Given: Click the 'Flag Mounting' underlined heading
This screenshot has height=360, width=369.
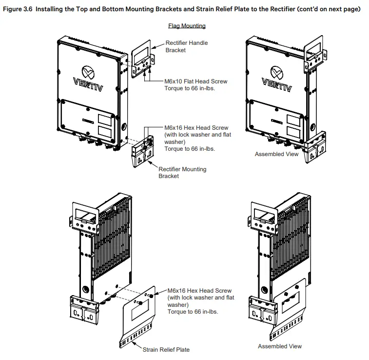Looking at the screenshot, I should (x=187, y=26).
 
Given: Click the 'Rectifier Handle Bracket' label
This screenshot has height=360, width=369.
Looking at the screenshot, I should (x=186, y=46).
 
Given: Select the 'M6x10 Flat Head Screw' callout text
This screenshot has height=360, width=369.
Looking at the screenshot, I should (x=196, y=81).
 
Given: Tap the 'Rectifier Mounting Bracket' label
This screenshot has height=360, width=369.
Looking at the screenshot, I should (x=182, y=173).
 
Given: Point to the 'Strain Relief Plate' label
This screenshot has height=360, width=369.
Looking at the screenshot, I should (x=166, y=349).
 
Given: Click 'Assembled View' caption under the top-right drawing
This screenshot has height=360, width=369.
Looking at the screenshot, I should (x=276, y=154).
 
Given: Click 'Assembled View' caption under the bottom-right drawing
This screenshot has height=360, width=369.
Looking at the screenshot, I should (x=280, y=346).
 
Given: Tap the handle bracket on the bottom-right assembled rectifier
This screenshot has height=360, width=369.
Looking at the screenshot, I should (x=263, y=213).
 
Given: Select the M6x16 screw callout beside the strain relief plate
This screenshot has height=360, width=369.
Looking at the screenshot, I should (x=200, y=300).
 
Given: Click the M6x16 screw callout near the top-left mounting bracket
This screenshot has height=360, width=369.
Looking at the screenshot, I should (x=197, y=138).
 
